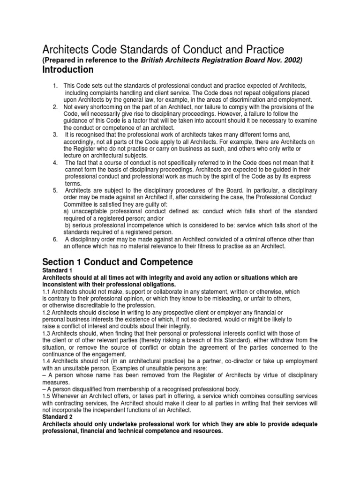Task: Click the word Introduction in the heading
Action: [x=68, y=70]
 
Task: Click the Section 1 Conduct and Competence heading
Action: [x=118, y=261]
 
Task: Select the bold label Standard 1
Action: [x=57, y=270]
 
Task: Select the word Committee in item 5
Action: [x=78, y=204]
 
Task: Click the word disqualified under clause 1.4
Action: [x=83, y=389]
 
